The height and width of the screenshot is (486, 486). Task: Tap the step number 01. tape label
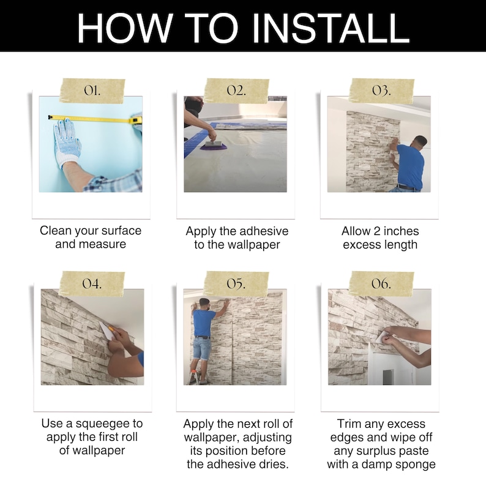pyautogui.click(x=92, y=91)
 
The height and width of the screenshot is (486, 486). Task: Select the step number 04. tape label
pyautogui.click(x=92, y=283)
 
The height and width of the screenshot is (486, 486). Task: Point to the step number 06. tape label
pyautogui.click(x=381, y=283)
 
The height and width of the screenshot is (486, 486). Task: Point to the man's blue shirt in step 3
pyautogui.click(x=410, y=166)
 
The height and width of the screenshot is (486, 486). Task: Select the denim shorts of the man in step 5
pyautogui.click(x=202, y=349)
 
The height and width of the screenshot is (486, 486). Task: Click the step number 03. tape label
pyautogui.click(x=381, y=91)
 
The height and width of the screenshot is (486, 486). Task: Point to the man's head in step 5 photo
pyautogui.click(x=204, y=304)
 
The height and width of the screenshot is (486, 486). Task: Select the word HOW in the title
pyautogui.click(x=124, y=28)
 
